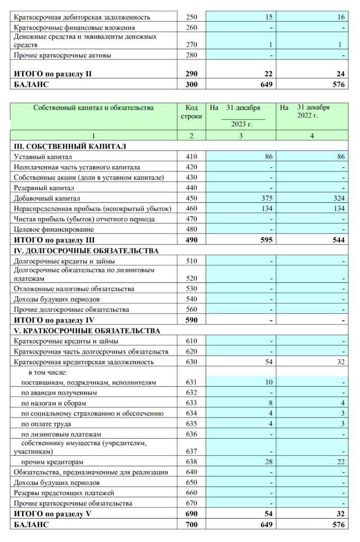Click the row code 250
point(192,17)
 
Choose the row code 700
point(192,525)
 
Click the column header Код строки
point(192,112)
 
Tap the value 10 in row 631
point(269,382)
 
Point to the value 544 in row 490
point(337,240)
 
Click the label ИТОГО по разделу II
point(53,74)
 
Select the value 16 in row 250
point(341,17)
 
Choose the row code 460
point(192,209)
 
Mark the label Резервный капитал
point(43,188)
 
